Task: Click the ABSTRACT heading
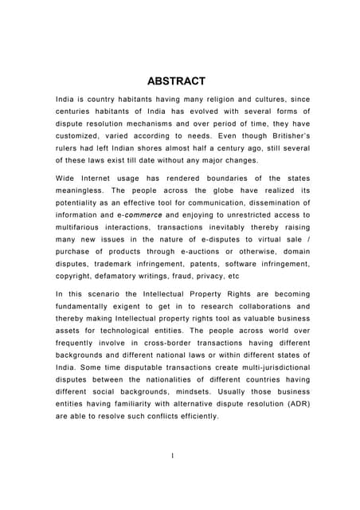tap(177, 80)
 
